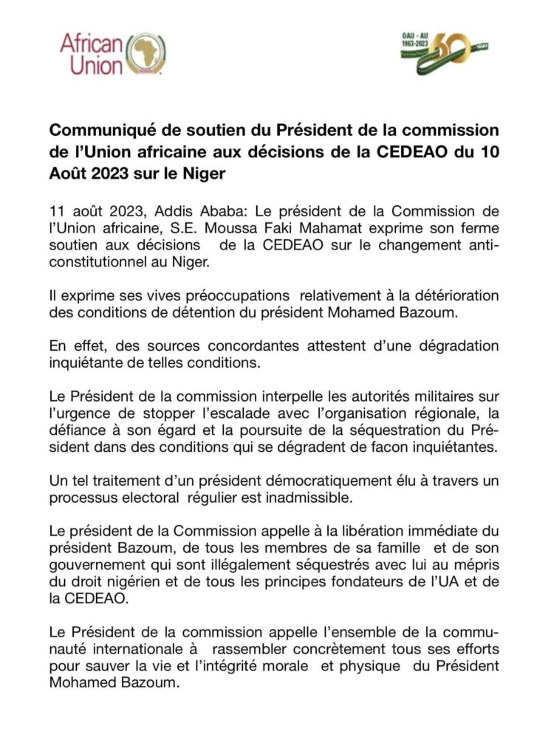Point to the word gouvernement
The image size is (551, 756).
point(95,568)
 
